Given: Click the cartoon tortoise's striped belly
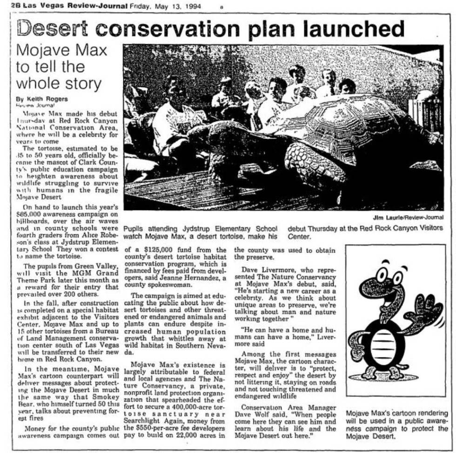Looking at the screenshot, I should (384, 343).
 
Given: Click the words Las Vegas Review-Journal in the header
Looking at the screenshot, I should (75, 6).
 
